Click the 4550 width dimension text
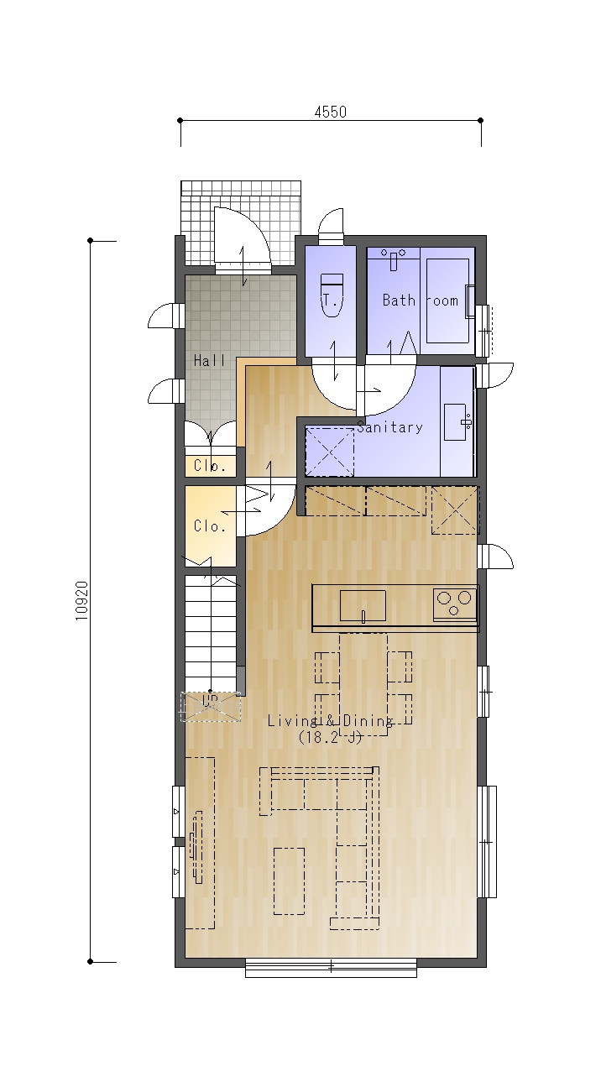coord(331,112)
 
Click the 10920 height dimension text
coord(82,601)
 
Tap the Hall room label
coord(209,360)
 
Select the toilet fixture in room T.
coord(332,295)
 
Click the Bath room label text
coord(421,301)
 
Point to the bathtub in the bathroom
coord(448,301)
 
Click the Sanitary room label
coord(389,427)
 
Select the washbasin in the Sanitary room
coord(457,422)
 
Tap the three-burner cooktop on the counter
coord(454,603)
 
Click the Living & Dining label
coord(330,721)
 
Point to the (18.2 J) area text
coord(330,738)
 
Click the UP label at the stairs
coord(210,700)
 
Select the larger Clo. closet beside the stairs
coord(211,526)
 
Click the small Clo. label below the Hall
coord(210,466)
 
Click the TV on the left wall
coord(197,848)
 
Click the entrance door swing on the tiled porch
coord(242,237)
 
